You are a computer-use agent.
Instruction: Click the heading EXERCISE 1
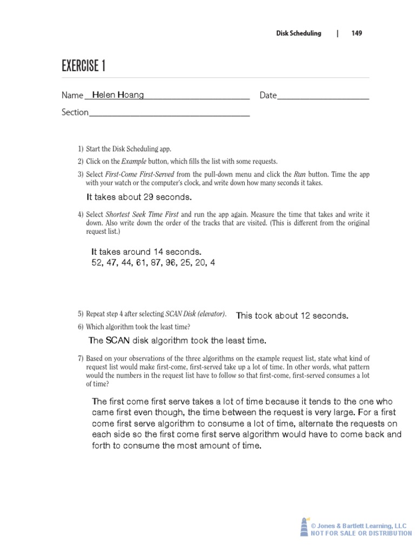click(83, 66)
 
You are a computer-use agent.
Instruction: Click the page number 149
click(356, 33)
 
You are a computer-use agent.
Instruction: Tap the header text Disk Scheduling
click(298, 33)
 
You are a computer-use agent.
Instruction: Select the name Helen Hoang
click(118, 95)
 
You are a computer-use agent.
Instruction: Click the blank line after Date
click(323, 96)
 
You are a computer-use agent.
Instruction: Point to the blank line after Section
click(169, 113)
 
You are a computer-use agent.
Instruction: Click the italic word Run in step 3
click(299, 174)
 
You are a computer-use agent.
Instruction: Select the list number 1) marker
click(81, 149)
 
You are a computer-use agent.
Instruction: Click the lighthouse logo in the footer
click(304, 527)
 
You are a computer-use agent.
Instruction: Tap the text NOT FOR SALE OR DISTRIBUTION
click(361, 534)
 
